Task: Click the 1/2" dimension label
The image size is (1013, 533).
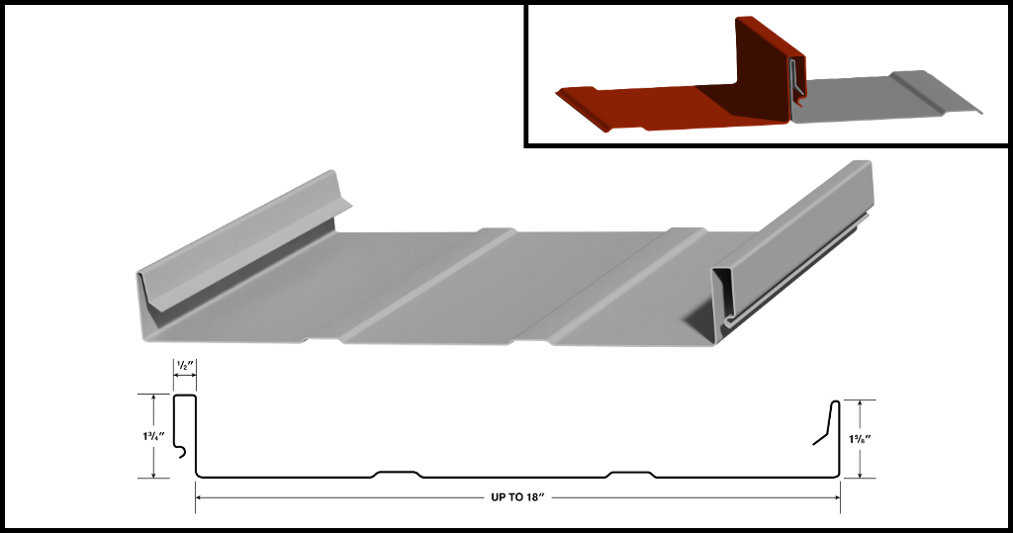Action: (x=185, y=366)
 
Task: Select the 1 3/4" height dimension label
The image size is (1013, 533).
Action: (x=153, y=436)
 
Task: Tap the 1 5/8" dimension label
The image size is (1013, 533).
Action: (x=861, y=439)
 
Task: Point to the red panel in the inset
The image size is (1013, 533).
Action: (x=672, y=97)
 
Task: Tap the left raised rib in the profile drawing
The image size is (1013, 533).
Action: (x=398, y=475)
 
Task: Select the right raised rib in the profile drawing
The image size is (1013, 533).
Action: (x=631, y=475)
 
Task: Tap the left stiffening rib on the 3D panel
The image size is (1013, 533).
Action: (x=414, y=284)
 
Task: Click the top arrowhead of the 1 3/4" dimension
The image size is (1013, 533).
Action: (x=153, y=398)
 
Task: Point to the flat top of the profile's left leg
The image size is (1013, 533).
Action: (x=185, y=395)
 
